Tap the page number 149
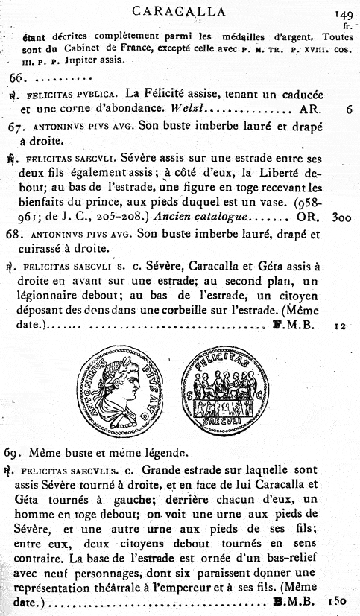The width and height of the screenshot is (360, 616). (x=344, y=13)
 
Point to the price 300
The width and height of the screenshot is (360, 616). (x=342, y=218)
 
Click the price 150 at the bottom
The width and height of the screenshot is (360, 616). (x=338, y=600)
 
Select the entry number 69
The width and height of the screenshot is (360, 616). (x=17, y=452)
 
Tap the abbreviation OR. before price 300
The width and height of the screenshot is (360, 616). (x=309, y=218)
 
